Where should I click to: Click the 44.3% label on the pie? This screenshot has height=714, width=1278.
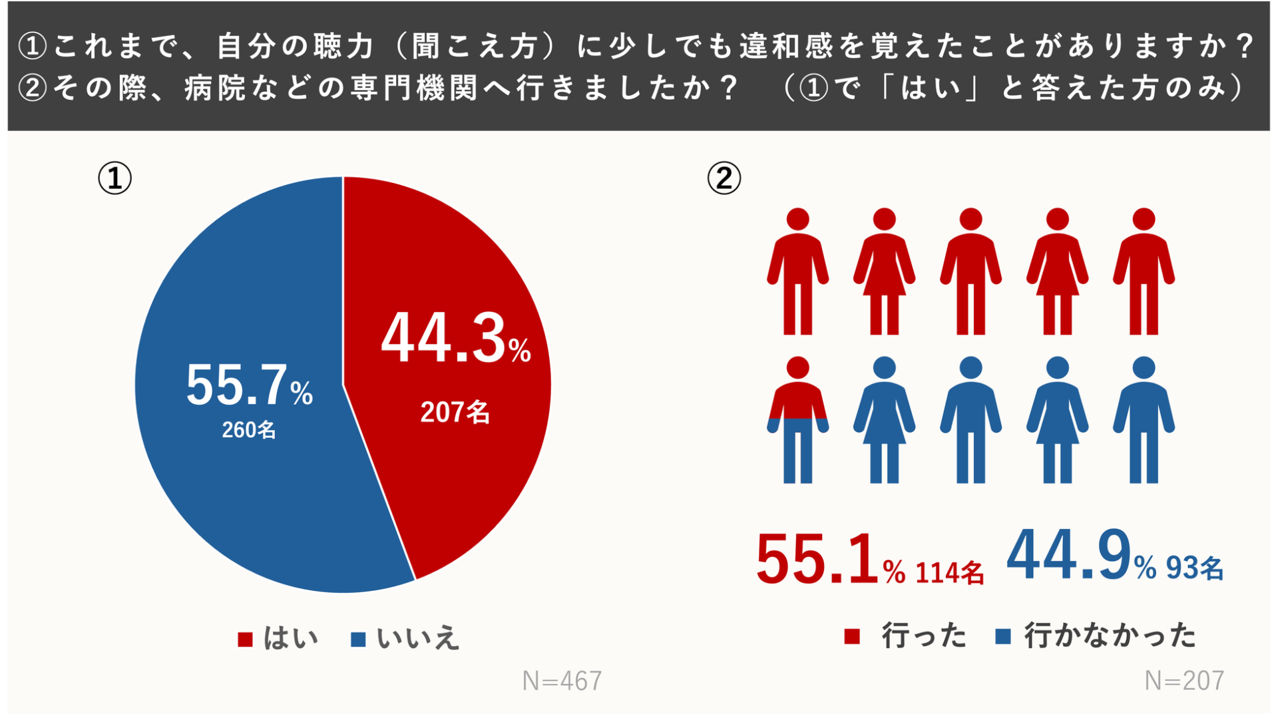(455, 339)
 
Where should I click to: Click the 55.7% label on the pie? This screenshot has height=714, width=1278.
(248, 385)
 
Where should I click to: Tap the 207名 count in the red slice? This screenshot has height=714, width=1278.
(455, 413)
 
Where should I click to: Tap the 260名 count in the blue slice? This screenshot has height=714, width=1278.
(248, 430)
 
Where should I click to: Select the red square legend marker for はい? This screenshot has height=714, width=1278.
(245, 639)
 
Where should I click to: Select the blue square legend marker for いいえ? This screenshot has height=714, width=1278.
(358, 639)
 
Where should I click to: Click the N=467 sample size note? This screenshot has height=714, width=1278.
(562, 681)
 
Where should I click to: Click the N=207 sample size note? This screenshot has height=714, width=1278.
(1184, 681)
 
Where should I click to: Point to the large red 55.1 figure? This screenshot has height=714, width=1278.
(817, 559)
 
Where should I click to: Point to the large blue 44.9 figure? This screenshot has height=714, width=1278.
(1069, 554)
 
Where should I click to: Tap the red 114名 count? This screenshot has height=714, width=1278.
(949, 573)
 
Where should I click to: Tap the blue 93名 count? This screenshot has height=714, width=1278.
(1194, 568)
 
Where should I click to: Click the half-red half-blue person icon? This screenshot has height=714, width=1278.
(797, 420)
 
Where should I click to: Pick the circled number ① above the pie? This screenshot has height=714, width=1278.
(114, 178)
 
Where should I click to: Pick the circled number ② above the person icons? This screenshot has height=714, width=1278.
(724, 178)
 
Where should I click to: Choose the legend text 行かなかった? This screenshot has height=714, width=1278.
(1110, 635)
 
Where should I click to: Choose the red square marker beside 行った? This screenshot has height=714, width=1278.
(851, 637)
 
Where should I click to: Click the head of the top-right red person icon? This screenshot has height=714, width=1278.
(1144, 219)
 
